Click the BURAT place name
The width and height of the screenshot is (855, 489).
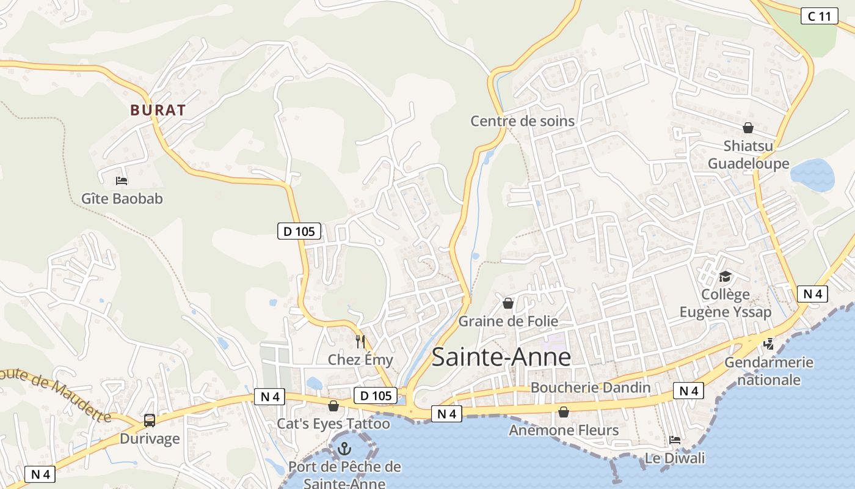click(158, 111)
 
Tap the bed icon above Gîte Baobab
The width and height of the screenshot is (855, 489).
click(122, 180)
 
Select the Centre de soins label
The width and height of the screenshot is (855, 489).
click(522, 121)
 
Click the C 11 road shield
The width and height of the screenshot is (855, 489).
click(819, 17)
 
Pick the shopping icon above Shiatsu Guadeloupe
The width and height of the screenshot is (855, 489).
click(748, 128)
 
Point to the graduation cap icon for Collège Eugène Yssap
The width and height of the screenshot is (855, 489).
click(725, 277)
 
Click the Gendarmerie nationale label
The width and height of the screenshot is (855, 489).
click(768, 371)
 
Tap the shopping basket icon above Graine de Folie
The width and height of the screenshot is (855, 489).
click(508, 303)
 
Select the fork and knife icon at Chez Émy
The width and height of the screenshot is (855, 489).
click(360, 341)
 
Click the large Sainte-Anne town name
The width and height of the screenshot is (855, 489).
click(501, 358)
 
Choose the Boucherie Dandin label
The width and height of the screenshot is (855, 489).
click(591, 387)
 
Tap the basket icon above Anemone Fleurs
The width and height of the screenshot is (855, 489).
click(564, 413)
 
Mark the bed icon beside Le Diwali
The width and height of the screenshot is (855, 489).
click(674, 440)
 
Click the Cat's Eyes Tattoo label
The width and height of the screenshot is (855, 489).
click(333, 424)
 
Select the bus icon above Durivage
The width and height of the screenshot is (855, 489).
click(150, 420)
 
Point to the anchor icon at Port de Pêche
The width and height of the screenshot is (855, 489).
click(345, 449)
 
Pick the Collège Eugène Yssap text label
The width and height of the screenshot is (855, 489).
click(725, 303)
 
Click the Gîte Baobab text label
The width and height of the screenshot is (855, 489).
click(122, 199)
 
